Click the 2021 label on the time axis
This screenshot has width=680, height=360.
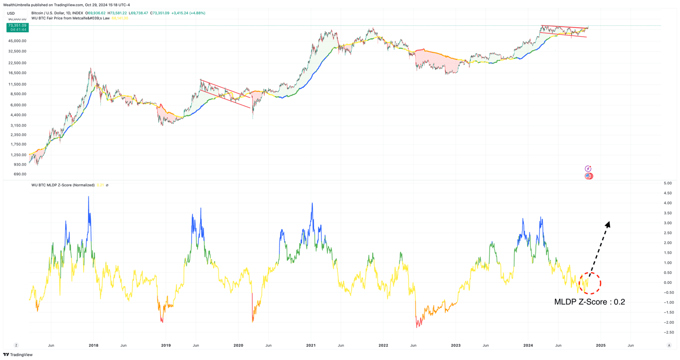click(x=311, y=345)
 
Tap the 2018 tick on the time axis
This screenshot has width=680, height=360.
click(x=94, y=345)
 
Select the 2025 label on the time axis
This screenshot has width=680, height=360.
click(x=601, y=345)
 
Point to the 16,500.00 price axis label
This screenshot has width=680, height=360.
click(x=17, y=73)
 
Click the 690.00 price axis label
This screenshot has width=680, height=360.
click(x=20, y=175)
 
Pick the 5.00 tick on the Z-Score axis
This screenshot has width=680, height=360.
click(x=668, y=183)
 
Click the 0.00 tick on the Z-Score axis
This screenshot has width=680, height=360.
click(x=668, y=282)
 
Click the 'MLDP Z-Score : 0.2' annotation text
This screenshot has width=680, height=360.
click(x=589, y=302)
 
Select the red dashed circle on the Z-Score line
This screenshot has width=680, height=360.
click(x=590, y=283)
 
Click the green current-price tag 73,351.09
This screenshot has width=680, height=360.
click(x=17, y=28)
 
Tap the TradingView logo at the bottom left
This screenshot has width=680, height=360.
click(x=18, y=355)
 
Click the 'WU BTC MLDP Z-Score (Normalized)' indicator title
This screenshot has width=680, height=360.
click(x=63, y=185)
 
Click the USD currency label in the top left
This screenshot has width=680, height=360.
click(x=11, y=13)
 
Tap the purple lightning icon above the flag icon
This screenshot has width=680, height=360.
click(x=588, y=169)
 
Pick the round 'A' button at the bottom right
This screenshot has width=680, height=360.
click(x=669, y=345)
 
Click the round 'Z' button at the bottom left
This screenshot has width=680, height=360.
click(x=16, y=345)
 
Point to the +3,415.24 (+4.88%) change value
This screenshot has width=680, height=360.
click(x=185, y=13)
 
